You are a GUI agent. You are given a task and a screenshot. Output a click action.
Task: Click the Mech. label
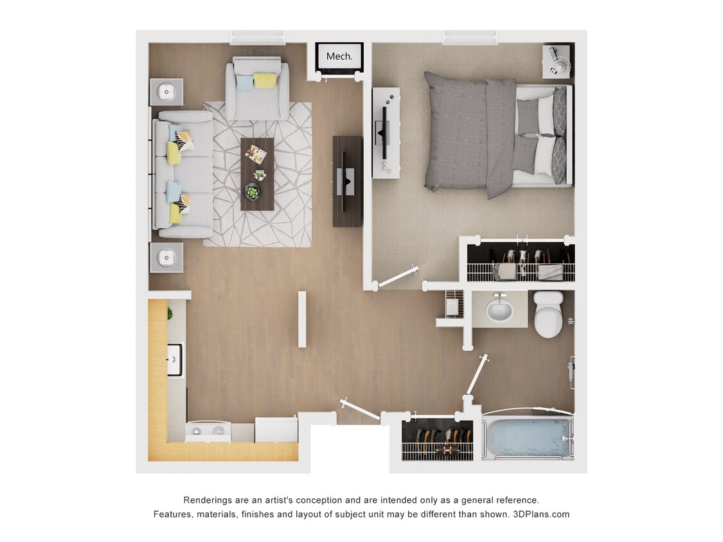click(339, 57)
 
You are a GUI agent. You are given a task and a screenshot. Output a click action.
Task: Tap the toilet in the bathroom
click(548, 315)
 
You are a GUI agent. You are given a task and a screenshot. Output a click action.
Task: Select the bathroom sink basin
click(499, 311)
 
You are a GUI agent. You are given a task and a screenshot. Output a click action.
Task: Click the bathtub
click(528, 437)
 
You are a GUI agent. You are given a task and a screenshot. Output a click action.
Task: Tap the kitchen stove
click(208, 432)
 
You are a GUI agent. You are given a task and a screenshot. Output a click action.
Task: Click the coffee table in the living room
click(257, 174)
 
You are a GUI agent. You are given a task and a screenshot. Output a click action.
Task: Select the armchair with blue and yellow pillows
click(257, 89)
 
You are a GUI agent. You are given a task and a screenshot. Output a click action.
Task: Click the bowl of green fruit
click(253, 191)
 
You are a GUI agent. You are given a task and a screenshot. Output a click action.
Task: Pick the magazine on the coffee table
click(256, 153)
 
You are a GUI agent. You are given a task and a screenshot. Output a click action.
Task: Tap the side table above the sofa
click(166, 92)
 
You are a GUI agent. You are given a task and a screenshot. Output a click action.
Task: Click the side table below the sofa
click(166, 258)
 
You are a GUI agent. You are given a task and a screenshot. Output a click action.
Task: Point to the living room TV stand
click(347, 181)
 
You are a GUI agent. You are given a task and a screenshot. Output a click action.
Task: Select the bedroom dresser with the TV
click(386, 133)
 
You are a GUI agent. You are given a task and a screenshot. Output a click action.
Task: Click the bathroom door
click(478, 375)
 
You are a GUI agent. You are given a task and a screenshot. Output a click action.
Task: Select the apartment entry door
click(361, 410)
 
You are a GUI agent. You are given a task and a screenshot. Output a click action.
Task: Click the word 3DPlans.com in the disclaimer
click(541, 514)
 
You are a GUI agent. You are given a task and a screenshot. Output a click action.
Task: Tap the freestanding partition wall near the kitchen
click(302, 319)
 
